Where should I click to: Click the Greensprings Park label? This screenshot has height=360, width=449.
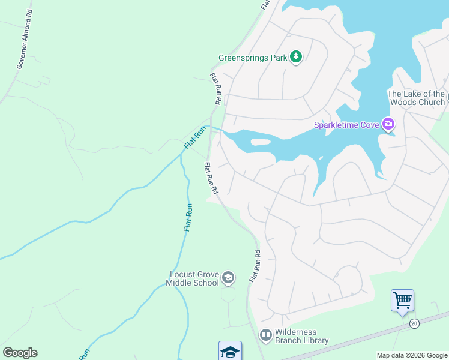252,58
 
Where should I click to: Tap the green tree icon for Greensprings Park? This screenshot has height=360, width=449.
295,57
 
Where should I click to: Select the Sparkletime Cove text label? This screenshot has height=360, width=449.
346,125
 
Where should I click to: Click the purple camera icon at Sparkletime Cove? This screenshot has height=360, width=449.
388,124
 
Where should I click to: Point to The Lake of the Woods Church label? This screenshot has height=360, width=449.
416,98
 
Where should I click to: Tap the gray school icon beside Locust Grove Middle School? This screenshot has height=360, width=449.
228,277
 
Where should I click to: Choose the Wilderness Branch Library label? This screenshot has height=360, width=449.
302,337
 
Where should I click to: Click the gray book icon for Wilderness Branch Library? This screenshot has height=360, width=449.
265,334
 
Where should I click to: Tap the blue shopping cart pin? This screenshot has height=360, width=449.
402,300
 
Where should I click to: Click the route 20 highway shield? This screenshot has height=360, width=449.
414,323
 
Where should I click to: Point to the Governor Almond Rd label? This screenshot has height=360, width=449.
25,40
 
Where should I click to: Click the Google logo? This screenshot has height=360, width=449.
20,353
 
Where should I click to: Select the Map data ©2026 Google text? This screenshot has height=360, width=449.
411,355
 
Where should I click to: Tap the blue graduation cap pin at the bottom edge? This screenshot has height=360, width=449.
230,351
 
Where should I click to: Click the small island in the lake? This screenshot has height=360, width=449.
260,142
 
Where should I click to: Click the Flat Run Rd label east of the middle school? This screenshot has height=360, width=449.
255,266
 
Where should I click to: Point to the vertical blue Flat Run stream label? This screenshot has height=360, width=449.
188,217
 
